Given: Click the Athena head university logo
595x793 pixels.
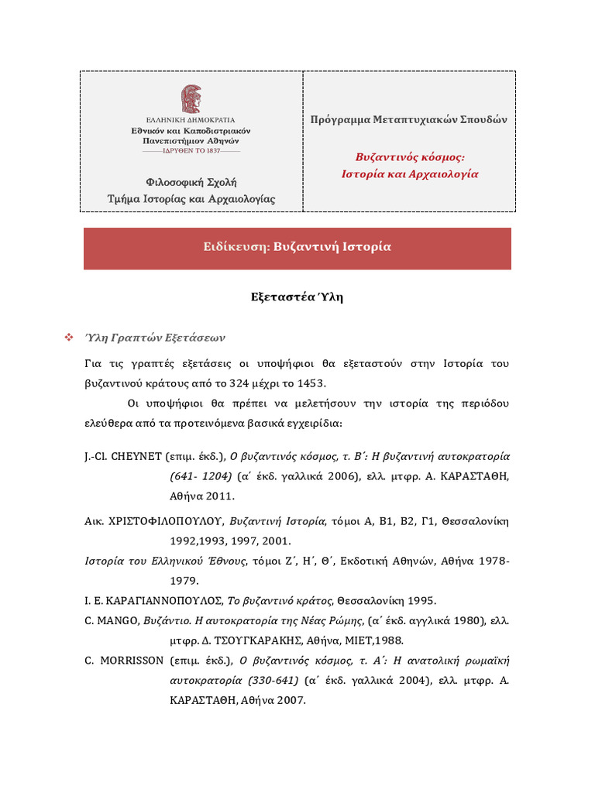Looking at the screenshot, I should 191,99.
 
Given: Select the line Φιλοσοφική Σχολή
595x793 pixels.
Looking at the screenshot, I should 191,182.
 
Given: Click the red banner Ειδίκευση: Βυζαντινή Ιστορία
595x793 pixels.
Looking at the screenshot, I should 297,247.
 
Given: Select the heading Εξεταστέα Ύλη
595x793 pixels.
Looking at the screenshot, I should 297,298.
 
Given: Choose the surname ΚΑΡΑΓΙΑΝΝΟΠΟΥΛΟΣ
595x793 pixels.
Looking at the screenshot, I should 163,601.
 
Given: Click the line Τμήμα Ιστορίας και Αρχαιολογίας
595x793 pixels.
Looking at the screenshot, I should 191,199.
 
